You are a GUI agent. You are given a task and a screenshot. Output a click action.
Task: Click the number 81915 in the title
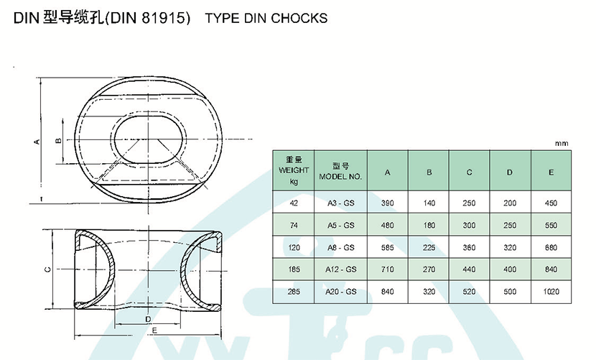(x=164, y=18)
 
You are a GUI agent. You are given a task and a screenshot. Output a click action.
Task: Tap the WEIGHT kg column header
(x=294, y=170)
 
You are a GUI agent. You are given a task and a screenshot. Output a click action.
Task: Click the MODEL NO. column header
(x=340, y=171)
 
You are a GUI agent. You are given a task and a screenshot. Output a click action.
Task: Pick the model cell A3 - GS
(x=340, y=203)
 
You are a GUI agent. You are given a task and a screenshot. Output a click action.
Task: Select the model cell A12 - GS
(x=340, y=269)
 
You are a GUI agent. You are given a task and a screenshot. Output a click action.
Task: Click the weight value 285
(x=294, y=292)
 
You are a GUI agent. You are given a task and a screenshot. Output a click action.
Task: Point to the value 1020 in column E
(x=551, y=292)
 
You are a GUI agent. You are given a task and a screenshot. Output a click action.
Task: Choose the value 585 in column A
(x=387, y=248)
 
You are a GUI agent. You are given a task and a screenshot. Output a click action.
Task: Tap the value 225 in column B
(x=429, y=248)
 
